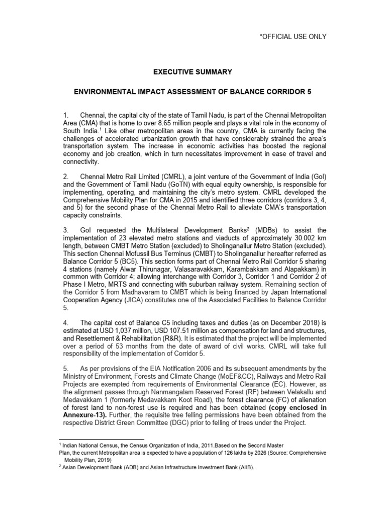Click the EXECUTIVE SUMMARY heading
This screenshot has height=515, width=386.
click(192, 72)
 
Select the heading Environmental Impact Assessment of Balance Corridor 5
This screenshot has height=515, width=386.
click(193, 93)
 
